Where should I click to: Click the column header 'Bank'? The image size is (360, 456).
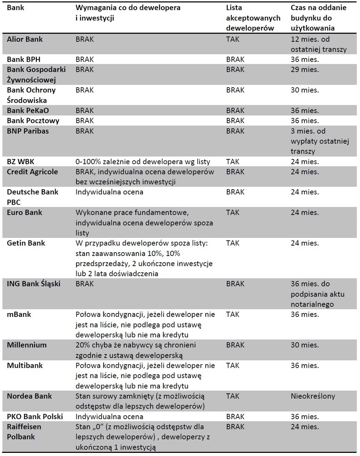(x=15, y=8)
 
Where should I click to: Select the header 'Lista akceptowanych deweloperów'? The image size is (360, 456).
(x=253, y=18)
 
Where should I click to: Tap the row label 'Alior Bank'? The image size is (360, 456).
(x=25, y=39)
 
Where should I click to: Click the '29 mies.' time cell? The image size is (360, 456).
(x=304, y=70)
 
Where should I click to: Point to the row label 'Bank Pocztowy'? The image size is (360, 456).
(x=33, y=121)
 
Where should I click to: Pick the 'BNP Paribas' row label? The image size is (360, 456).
(x=28, y=131)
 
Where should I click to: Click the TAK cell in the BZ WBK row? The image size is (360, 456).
(x=232, y=162)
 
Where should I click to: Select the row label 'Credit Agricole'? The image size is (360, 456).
(x=32, y=172)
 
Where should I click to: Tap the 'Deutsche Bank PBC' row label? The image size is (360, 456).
(x=32, y=197)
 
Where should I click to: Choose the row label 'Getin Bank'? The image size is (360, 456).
(x=26, y=243)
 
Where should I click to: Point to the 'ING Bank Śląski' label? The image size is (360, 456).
(x=33, y=284)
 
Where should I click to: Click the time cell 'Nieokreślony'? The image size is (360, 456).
(x=313, y=396)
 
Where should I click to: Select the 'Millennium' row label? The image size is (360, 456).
(x=26, y=345)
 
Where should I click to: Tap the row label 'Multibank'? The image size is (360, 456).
(x=25, y=366)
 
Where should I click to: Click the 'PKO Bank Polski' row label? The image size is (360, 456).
(x=35, y=417)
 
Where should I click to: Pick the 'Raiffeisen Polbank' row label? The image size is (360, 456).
(x=24, y=432)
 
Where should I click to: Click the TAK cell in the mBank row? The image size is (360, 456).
(x=232, y=314)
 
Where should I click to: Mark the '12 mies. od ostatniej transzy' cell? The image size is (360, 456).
(x=318, y=44)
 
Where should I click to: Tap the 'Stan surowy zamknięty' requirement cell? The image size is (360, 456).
(x=140, y=401)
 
